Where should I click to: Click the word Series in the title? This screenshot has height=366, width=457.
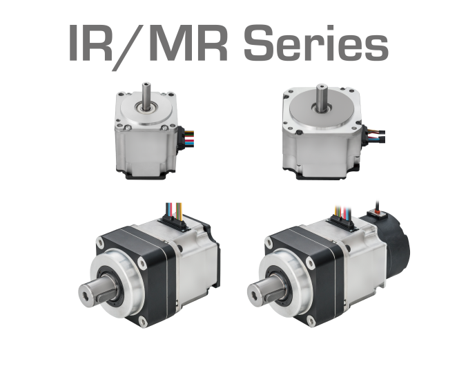(316, 43)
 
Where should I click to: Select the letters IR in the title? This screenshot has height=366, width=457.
(90, 43)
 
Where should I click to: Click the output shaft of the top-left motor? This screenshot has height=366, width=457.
(146, 95)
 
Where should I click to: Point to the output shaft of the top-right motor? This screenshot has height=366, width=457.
(322, 97)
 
